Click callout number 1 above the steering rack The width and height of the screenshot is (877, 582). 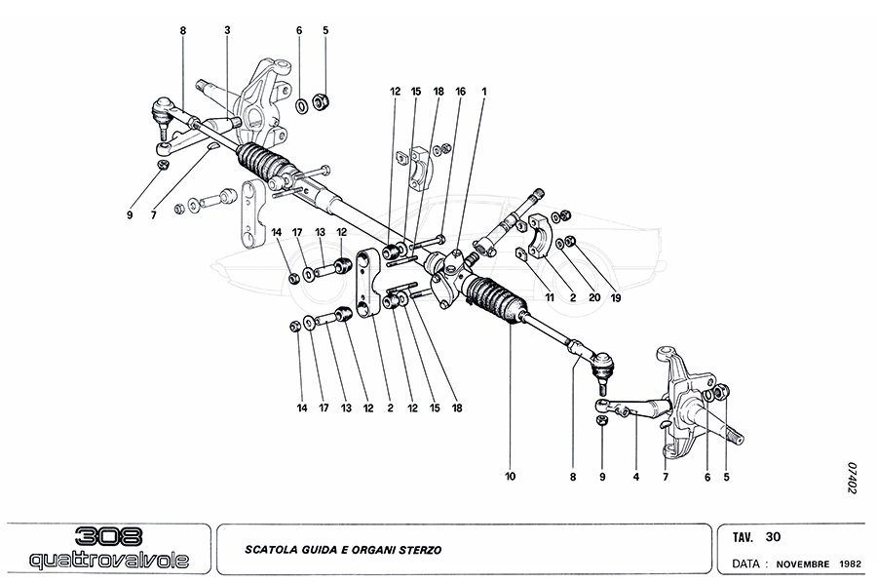pos(483,92)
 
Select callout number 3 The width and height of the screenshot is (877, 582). pos(227,30)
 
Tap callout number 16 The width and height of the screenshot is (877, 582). pos(460,92)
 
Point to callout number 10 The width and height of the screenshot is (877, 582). pos(510,477)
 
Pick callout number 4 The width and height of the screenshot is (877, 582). pos(634,477)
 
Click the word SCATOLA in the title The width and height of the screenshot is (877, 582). pos(272,550)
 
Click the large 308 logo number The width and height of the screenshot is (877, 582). pos(108,536)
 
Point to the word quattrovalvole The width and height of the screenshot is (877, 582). pos(108,561)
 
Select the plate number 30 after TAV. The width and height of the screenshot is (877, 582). pos(774,536)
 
